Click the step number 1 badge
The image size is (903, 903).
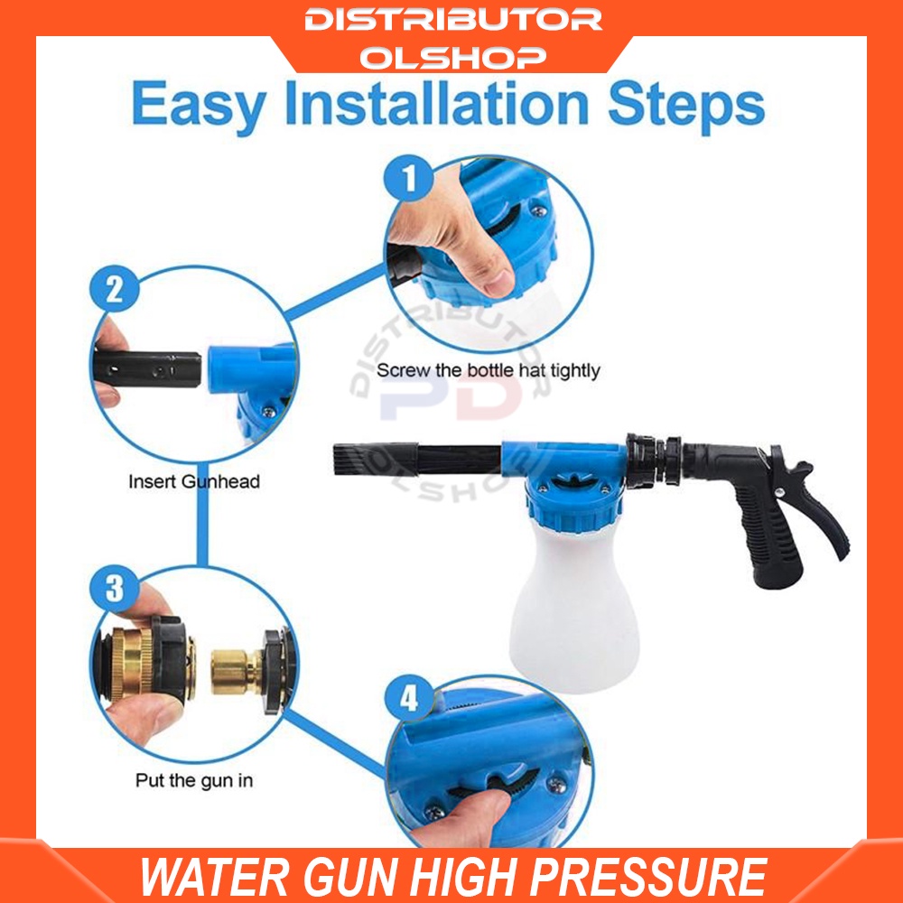point(410,179)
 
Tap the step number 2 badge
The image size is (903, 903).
point(115,290)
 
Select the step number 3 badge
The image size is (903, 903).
point(115,589)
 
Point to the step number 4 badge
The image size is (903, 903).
point(409,699)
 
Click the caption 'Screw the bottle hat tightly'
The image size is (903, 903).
point(488,370)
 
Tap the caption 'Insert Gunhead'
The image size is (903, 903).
point(193,481)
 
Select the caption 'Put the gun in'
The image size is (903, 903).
point(193,780)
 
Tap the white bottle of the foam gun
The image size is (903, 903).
point(575,614)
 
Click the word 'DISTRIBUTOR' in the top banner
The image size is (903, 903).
point(452,20)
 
